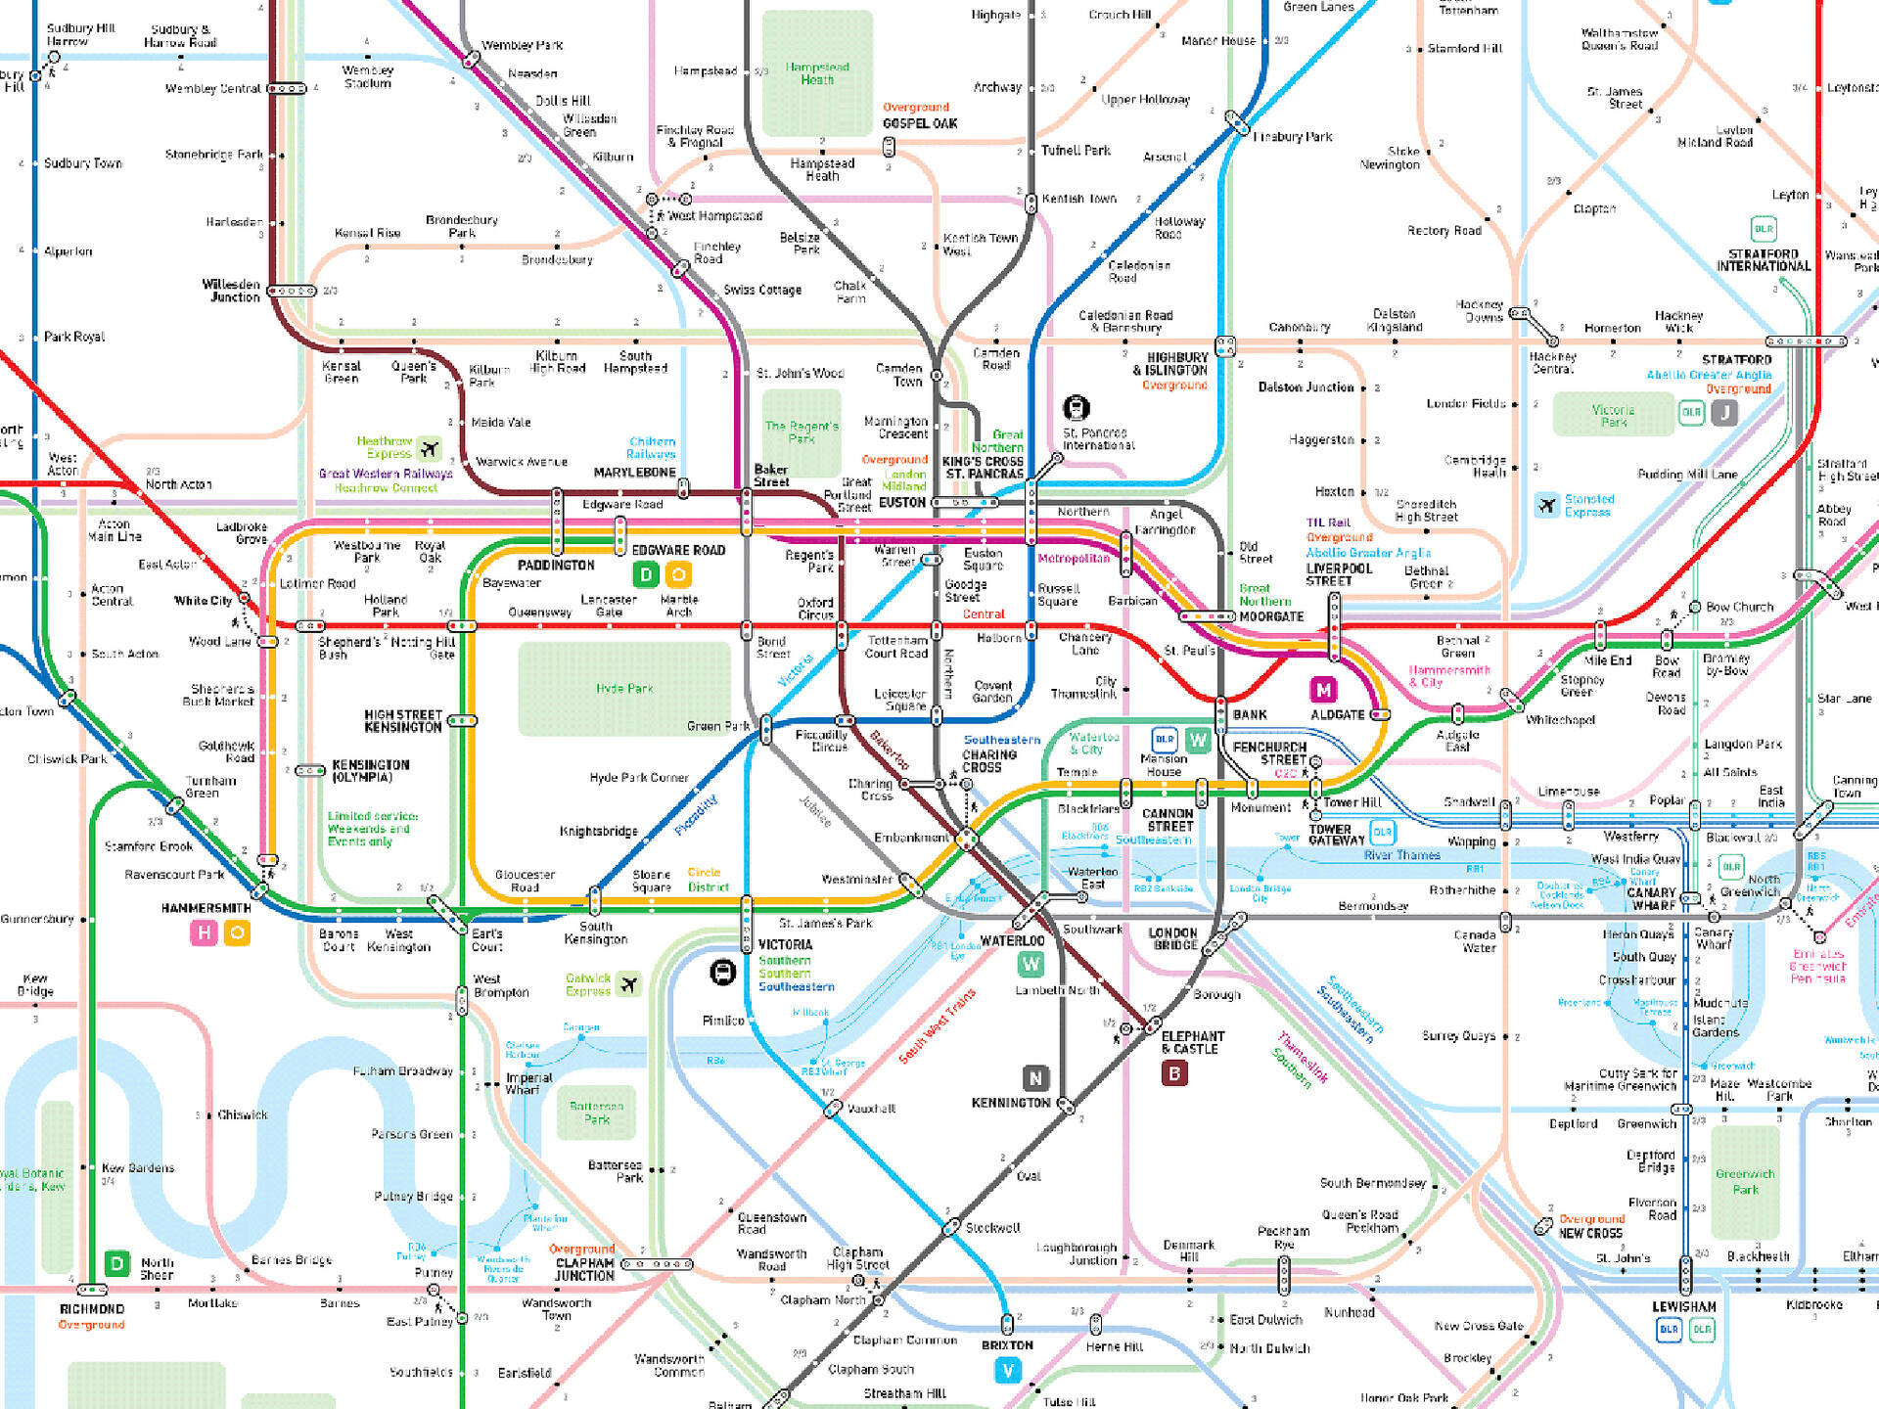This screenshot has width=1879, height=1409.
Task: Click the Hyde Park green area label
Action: (624, 689)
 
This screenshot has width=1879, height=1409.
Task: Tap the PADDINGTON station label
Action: (556, 566)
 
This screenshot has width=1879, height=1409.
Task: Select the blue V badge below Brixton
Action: (1008, 1371)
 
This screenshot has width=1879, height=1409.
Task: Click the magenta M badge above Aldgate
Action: (1323, 690)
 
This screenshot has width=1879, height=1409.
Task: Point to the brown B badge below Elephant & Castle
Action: (1174, 1073)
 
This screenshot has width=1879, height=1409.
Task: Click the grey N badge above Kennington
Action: (1035, 1078)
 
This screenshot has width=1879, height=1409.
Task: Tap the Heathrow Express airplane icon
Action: (429, 449)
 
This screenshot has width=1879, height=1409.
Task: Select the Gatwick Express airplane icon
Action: (629, 984)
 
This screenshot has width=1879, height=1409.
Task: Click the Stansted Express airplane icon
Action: (1546, 505)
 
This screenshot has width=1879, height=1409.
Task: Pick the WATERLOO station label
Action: (1012, 941)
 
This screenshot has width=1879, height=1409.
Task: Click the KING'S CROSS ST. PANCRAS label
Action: (983, 468)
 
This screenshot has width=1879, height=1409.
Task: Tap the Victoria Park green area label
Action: (1613, 416)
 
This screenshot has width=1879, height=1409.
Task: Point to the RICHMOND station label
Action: (92, 1309)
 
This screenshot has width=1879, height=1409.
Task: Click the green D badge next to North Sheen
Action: (117, 1263)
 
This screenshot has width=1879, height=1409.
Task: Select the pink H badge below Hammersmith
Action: (204, 933)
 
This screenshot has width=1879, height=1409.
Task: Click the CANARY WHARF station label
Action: (1652, 898)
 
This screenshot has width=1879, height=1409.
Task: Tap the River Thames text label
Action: (1401, 855)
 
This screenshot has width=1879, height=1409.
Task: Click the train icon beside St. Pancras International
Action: (1077, 407)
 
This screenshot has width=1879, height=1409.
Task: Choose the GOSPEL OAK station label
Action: (920, 124)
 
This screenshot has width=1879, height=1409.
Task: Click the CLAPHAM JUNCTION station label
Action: (584, 1269)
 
